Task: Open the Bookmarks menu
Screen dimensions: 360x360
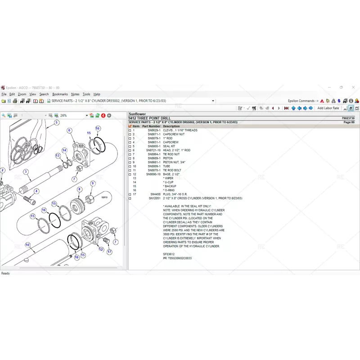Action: coord(60,94)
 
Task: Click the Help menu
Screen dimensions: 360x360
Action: coord(97,94)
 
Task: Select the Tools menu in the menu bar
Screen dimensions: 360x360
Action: coord(86,94)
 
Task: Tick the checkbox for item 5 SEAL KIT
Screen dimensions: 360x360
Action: coord(130,146)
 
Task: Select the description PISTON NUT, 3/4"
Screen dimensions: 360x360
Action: coord(174,162)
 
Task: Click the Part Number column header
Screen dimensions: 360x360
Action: coord(151,126)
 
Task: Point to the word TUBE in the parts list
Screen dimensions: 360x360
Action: coord(166,166)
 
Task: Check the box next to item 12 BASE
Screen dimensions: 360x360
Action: coord(130,174)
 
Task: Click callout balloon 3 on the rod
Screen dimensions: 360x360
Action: coord(26,171)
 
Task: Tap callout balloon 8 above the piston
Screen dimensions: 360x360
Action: coord(79,189)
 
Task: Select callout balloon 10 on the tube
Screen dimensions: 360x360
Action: coord(27,245)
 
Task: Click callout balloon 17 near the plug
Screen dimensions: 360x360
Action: coord(109,252)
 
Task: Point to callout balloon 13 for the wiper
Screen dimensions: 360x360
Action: coord(58,155)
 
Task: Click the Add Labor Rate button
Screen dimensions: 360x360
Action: coord(328,108)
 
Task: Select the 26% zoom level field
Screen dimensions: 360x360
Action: coord(72,116)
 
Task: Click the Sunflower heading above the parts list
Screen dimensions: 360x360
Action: coord(138,114)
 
